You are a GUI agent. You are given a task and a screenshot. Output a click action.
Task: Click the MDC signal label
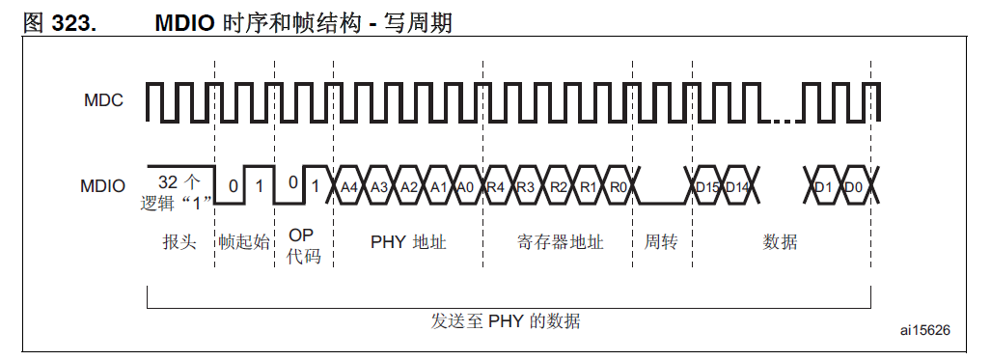[x=103, y=99]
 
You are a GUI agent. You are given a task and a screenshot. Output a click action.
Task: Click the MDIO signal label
[x=103, y=185]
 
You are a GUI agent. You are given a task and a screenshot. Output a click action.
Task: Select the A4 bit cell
[x=349, y=186]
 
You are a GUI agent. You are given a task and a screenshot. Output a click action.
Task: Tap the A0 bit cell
[x=466, y=186]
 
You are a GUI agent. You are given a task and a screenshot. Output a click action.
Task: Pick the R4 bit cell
[x=495, y=186]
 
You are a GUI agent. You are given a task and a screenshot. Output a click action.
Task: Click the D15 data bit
[x=707, y=186]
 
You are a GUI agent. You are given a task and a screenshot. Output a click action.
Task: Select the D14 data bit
[x=738, y=186]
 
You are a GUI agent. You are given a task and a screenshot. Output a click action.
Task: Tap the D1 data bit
[x=823, y=186]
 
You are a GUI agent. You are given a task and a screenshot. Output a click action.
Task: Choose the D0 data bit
[x=853, y=186]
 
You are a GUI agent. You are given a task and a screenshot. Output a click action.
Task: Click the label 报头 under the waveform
[x=179, y=241]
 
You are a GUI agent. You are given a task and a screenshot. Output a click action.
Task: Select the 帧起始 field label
[x=244, y=241]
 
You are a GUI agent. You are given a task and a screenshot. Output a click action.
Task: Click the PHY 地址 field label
[x=408, y=241]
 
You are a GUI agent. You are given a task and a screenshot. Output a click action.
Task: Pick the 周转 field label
[x=661, y=241]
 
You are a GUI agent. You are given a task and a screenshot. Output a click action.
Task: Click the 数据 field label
[x=780, y=241]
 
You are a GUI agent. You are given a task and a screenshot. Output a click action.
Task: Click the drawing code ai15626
[x=924, y=330]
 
